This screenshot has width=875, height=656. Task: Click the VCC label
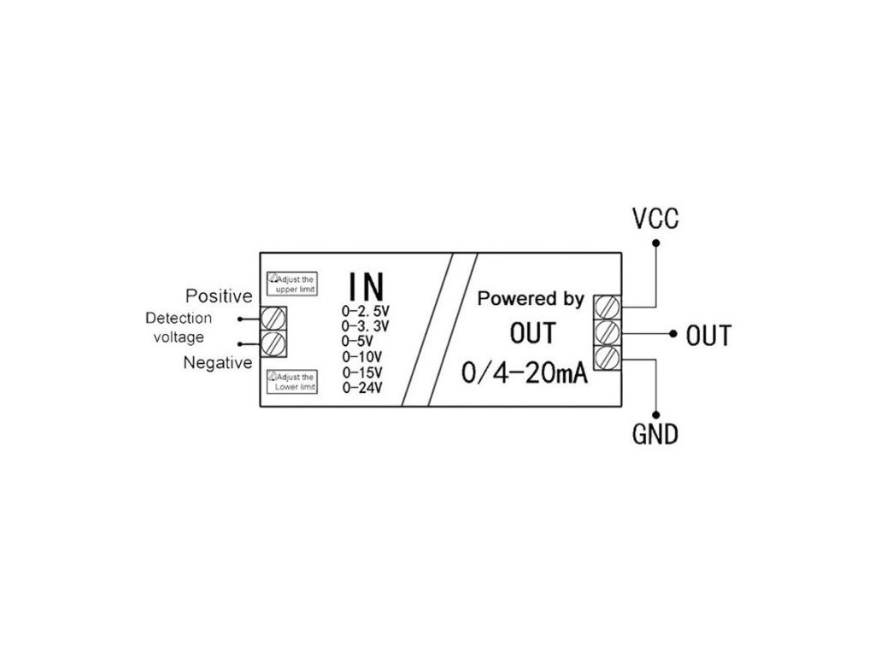655,220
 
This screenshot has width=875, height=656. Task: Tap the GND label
655,435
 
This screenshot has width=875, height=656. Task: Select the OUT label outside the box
708,336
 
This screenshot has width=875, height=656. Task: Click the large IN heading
366,288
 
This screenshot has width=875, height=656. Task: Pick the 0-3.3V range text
366,325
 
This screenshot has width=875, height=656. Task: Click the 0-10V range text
361,356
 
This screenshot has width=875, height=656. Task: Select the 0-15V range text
361,372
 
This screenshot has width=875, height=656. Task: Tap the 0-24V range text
361,388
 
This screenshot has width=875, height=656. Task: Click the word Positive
219,296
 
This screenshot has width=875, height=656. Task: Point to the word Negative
218,363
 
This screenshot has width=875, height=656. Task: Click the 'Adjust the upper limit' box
292,284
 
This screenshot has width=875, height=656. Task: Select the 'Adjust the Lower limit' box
292,382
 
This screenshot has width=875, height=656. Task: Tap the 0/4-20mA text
523,374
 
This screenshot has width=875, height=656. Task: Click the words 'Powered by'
531,300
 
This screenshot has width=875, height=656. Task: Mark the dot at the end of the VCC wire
655,243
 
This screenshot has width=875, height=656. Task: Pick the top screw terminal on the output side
606,306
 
